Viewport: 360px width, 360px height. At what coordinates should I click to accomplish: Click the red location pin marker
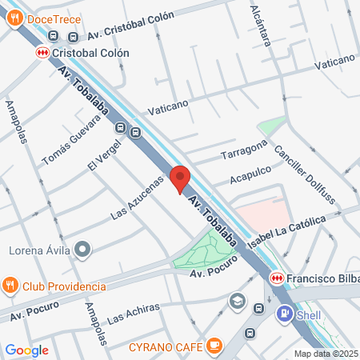click(180, 178)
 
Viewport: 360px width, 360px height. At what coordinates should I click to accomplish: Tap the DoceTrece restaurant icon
click(14, 19)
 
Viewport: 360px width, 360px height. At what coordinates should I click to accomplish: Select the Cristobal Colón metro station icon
click(41, 52)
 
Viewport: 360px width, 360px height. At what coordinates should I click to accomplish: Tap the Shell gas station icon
click(285, 314)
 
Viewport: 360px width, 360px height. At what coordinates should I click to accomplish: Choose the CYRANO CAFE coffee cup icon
click(213, 345)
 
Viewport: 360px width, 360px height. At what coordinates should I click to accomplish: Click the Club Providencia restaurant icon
click(11, 286)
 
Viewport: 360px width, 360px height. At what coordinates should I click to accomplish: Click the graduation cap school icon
click(237, 301)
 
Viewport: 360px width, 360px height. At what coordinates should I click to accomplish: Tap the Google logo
click(26, 350)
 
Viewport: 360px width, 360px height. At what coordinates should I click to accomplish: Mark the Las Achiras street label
click(133, 313)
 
